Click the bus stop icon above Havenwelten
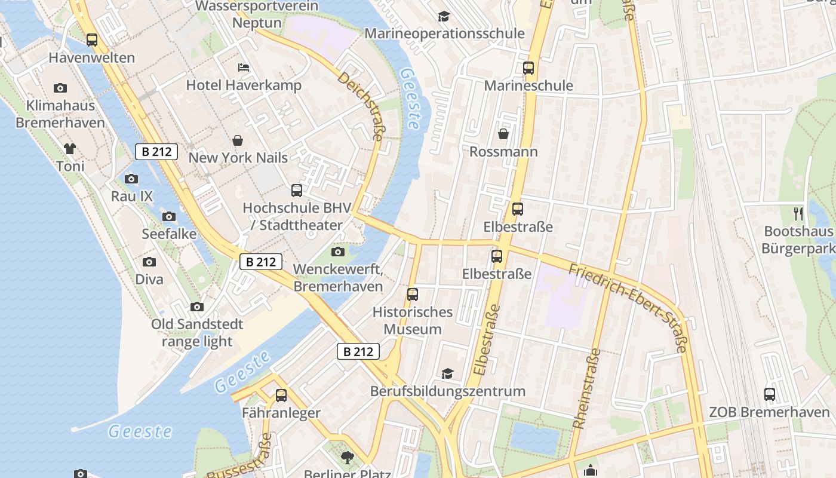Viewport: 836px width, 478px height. (x=91, y=40)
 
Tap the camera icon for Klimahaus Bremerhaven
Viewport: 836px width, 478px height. (x=60, y=88)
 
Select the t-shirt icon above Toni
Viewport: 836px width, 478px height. (x=70, y=148)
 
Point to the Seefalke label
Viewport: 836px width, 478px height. (x=169, y=234)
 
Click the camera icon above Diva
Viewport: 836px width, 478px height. (x=149, y=262)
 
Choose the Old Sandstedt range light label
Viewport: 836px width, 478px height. (x=197, y=333)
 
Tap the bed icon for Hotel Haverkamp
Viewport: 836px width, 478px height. (x=244, y=67)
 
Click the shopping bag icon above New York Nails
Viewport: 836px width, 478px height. (x=238, y=140)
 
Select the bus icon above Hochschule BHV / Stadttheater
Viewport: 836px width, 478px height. (x=297, y=191)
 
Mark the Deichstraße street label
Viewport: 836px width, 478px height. (x=361, y=107)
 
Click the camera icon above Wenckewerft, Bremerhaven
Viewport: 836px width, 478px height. (x=338, y=252)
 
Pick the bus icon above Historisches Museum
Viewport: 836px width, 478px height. (x=413, y=294)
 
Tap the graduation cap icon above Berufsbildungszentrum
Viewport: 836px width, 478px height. (x=447, y=373)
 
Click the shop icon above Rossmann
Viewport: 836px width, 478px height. (x=503, y=134)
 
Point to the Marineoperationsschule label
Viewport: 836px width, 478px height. (x=444, y=33)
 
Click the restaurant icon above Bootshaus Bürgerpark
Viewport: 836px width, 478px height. (x=798, y=213)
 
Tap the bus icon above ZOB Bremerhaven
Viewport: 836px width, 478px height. (x=770, y=394)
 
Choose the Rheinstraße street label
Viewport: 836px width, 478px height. (x=586, y=388)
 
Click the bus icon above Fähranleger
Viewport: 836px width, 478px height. (x=281, y=395)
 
